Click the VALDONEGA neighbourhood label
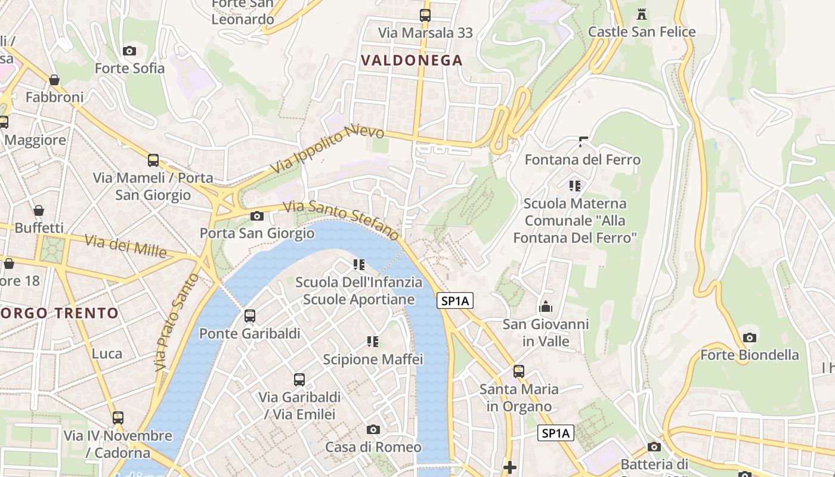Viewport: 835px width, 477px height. [412, 60]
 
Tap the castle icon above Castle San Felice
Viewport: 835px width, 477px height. [642, 14]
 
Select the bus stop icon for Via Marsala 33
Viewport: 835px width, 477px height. [425, 16]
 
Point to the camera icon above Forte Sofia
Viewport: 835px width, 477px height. [129, 51]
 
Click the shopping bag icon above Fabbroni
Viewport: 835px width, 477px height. [54, 80]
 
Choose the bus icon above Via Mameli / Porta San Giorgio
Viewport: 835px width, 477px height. [153, 160]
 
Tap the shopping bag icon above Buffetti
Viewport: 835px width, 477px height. [39, 210]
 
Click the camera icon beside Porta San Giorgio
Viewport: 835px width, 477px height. [257, 216]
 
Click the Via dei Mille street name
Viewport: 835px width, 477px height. [125, 246]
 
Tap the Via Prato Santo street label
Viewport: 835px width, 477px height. [176, 323]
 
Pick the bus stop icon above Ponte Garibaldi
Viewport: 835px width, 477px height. [250, 316]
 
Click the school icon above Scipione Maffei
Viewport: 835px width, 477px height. [373, 342]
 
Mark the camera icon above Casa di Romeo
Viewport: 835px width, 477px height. [373, 429]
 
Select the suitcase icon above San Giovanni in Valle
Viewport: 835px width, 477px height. [546, 307]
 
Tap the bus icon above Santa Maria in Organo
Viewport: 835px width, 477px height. [519, 371]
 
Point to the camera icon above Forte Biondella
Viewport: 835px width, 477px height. [750, 337]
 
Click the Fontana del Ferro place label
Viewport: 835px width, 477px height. [582, 160]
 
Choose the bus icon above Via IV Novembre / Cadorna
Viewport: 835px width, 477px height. [118, 418]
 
